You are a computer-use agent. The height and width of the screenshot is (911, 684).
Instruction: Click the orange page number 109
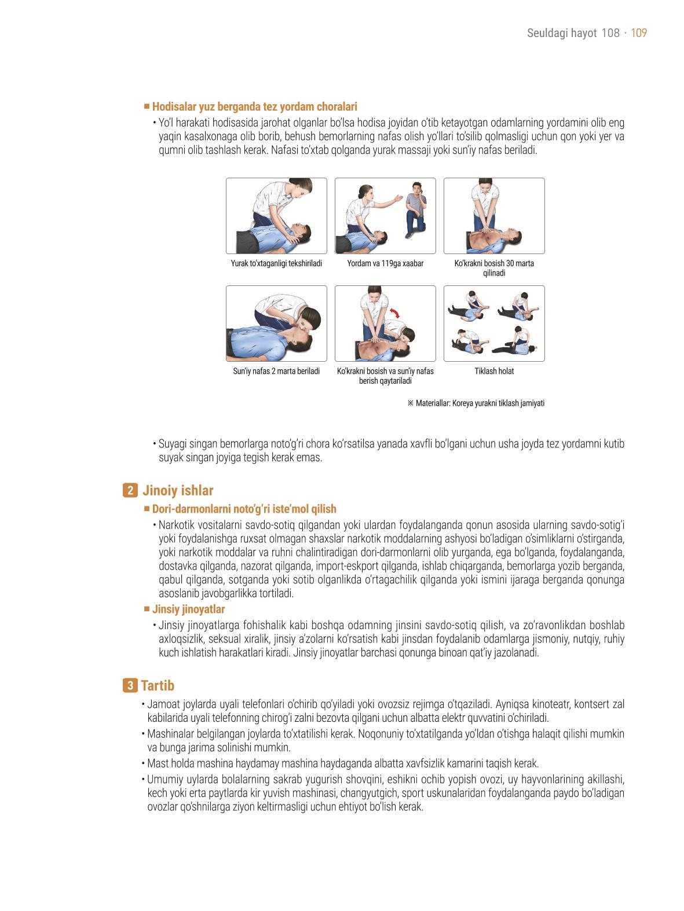coord(638,33)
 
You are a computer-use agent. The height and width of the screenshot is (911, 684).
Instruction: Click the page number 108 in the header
coord(610,33)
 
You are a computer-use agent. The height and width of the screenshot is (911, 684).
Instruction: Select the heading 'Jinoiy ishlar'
coord(178,490)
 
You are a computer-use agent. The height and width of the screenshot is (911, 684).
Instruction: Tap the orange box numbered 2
coord(130,490)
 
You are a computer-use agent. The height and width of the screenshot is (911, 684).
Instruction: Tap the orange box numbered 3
coord(130,685)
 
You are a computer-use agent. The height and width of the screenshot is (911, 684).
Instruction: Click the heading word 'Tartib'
coord(158,685)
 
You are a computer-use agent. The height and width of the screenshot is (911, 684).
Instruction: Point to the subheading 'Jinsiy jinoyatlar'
coord(188,609)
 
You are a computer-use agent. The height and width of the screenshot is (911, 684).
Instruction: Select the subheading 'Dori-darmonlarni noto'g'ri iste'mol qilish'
coord(244,509)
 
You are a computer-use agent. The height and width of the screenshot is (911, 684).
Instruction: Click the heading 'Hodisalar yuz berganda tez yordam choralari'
coord(255,106)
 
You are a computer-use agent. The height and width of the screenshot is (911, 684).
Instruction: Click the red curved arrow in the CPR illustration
coord(394,313)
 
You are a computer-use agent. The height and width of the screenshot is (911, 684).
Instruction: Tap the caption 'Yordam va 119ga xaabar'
coord(385,263)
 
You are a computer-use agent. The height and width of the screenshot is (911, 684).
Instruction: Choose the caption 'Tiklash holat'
coord(494,371)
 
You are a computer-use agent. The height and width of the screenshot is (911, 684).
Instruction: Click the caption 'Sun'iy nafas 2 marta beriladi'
coord(276,371)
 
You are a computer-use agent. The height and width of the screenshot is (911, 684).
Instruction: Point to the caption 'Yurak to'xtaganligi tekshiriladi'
coord(276,263)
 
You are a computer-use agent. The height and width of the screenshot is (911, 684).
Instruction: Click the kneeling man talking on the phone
coord(416,210)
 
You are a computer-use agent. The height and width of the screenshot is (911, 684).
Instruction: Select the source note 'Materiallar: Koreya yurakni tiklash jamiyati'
coord(480,403)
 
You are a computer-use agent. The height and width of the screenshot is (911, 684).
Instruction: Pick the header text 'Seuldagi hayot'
coord(562,33)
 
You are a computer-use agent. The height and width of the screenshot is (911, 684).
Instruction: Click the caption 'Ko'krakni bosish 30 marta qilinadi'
coord(494,268)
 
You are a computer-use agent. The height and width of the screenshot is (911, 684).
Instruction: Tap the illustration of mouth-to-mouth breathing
coord(277,324)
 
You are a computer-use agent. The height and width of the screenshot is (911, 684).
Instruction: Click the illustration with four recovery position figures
coord(494,324)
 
